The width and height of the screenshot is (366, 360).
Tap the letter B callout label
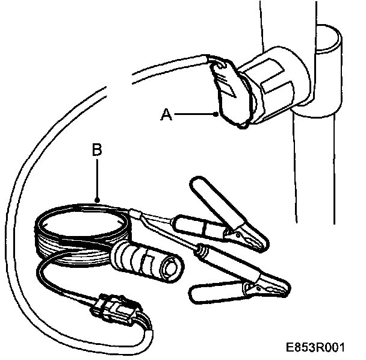tap(96, 149)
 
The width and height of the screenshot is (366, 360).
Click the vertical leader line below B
tap(97, 178)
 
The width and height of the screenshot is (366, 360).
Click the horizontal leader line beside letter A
tap(193, 114)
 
